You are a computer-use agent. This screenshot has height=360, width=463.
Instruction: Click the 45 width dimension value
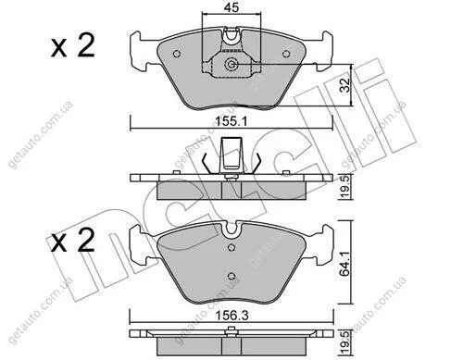click(231, 8)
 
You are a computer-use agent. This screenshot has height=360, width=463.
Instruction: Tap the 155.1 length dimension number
click(231, 122)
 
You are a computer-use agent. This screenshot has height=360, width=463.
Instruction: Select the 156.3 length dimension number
click(231, 316)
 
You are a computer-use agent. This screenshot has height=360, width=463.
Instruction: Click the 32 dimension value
click(345, 85)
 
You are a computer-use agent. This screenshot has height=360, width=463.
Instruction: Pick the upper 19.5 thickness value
click(344, 187)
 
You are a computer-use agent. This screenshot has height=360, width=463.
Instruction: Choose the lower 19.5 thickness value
click(344, 342)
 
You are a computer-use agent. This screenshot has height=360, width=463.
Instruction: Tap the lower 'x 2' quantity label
click(73, 241)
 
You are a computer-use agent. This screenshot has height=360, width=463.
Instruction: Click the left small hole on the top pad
click(177, 54)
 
